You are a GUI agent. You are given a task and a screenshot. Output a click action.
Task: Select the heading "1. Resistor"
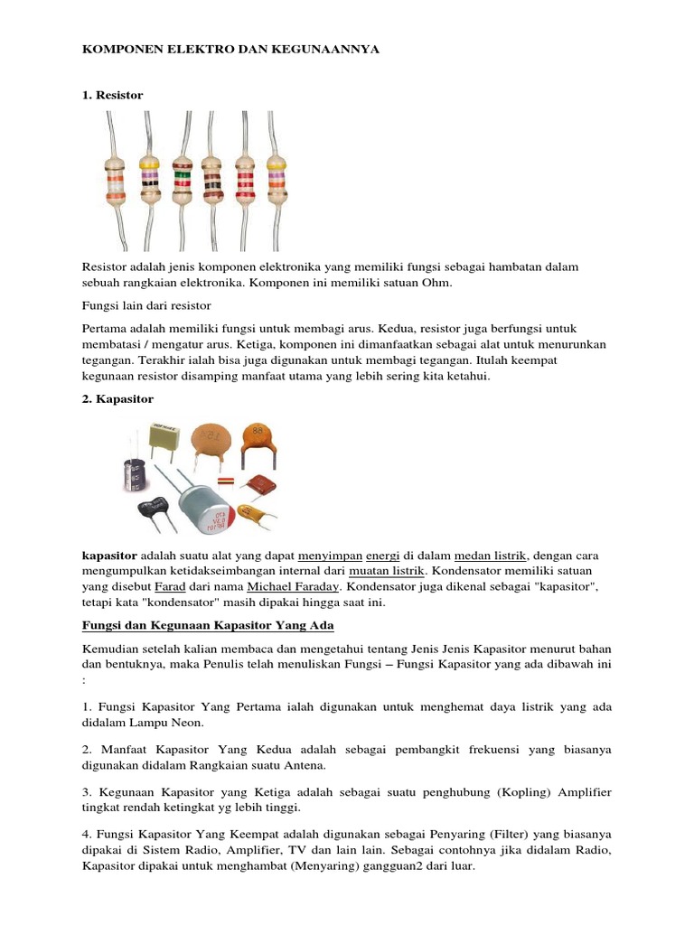tap(113, 95)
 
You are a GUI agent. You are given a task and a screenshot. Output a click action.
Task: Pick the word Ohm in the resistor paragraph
tap(433, 283)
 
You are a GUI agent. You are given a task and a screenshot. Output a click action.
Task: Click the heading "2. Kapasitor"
tap(118, 398)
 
